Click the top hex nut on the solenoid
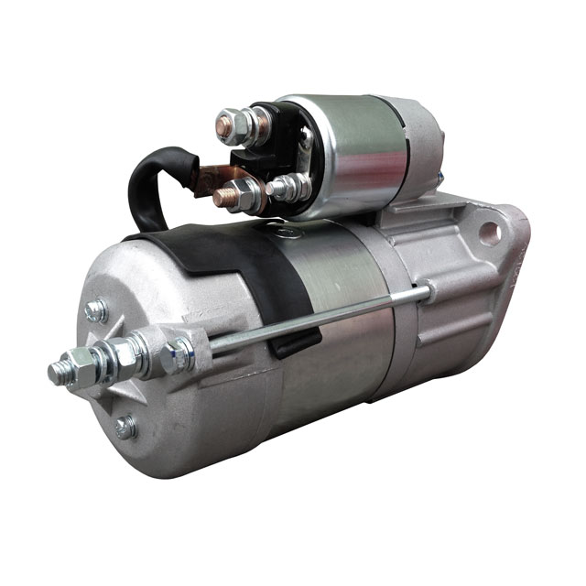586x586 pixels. coord(230,125)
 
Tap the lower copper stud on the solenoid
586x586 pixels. coord(225,195)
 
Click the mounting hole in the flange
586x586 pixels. coord(488,231)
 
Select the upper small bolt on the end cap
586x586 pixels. coord(95,310)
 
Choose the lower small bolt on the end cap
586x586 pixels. coord(125,427)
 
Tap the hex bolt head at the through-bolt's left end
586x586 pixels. coord(178,355)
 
